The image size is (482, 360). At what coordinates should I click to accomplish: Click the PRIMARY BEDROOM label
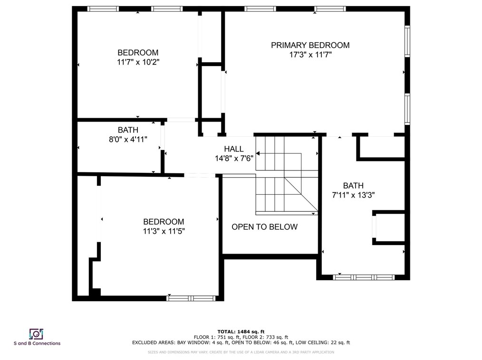coord(310,45)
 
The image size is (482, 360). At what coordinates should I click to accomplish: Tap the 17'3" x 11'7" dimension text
coord(310,55)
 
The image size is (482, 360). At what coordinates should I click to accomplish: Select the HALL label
coord(233,149)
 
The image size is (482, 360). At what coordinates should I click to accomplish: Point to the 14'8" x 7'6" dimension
coord(234,159)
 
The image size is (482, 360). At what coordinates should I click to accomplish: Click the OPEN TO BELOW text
coord(264,227)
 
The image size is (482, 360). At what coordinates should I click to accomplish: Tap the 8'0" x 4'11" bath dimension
coord(128,140)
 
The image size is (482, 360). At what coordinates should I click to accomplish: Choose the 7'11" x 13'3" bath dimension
coord(353,195)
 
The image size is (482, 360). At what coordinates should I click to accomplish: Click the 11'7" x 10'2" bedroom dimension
coord(138,62)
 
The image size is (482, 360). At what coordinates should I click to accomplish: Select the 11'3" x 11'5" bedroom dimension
coord(164,231)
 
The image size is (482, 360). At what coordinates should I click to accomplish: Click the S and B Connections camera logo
coord(36,334)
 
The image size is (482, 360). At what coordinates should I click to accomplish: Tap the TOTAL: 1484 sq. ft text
coord(241,332)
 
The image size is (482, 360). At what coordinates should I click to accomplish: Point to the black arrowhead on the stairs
coord(258,153)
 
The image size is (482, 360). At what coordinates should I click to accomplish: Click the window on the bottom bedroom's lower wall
coord(191,298)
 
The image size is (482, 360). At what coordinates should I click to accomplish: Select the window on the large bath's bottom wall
coord(364,277)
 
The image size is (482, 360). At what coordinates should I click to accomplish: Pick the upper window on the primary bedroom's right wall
coord(407,41)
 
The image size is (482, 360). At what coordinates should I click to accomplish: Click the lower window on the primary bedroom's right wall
coord(407,109)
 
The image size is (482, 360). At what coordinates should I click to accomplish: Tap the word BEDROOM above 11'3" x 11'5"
coord(164,222)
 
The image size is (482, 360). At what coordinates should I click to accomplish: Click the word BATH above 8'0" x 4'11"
coord(128,130)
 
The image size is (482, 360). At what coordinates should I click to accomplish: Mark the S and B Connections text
coord(37,343)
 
